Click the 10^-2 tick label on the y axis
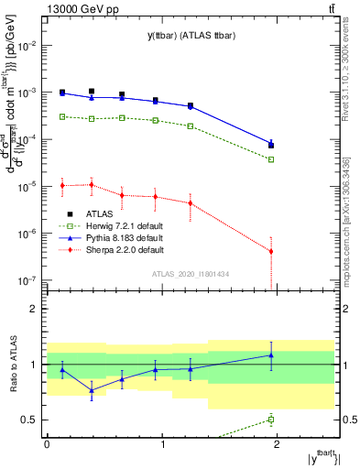click(27, 45)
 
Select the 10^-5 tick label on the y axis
click(27, 186)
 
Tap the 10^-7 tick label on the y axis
click(27, 280)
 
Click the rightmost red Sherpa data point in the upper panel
click(271, 251)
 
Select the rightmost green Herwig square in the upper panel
click(271, 159)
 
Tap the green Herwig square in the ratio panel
click(271, 420)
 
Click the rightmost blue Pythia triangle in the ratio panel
click(271, 354)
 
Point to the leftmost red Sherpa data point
click(62, 185)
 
